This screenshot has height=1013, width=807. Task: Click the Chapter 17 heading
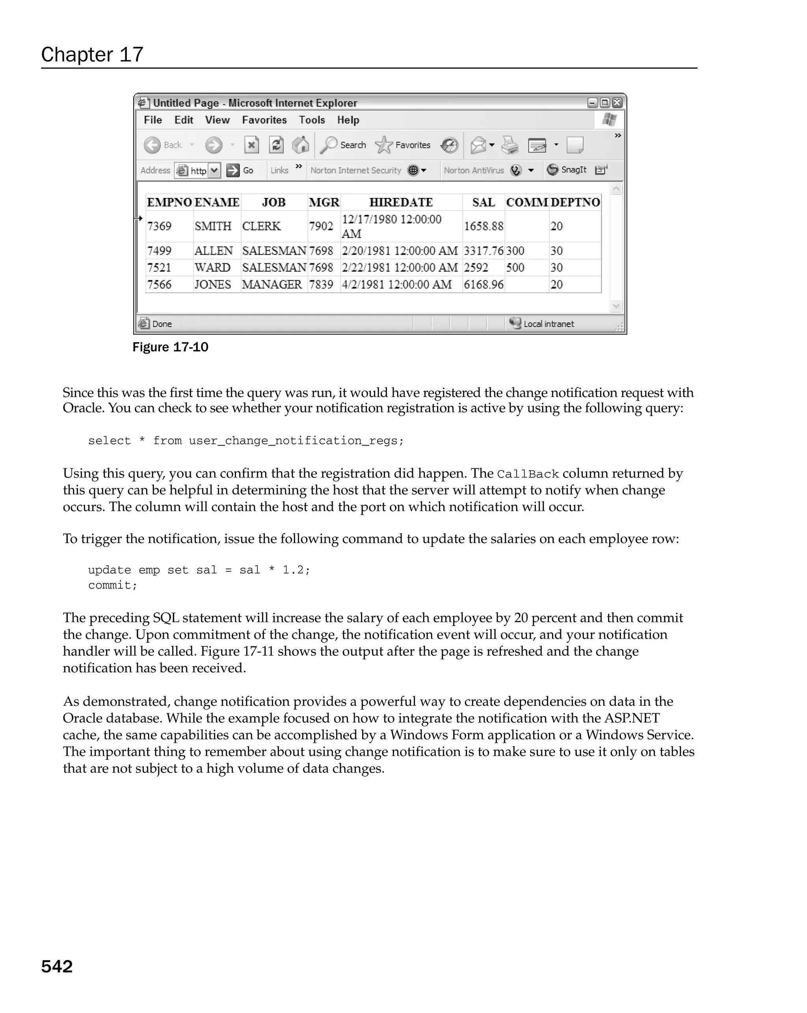92,54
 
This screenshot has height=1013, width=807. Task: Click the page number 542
57,966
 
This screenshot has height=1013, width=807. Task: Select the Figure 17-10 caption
170,347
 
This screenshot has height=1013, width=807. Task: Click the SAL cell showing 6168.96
483,285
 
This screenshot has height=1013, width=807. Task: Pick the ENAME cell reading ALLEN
214,251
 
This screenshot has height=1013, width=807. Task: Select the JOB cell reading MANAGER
272,285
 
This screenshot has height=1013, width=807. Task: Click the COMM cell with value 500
515,268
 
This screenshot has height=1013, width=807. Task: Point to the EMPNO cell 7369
159,226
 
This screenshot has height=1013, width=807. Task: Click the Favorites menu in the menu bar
264,120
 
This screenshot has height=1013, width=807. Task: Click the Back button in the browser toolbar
163,145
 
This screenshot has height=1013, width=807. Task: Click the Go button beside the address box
240,170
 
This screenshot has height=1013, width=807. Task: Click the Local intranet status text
549,324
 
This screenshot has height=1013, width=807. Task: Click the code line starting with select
245,441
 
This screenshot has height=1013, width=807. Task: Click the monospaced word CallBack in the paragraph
528,474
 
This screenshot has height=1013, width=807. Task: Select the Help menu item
348,120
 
